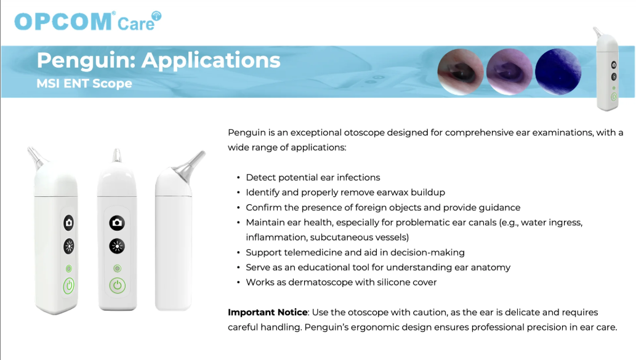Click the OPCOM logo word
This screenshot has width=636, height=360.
pos(63,21)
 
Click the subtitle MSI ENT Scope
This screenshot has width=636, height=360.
pos(84,84)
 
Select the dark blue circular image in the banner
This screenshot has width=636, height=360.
pos(558,72)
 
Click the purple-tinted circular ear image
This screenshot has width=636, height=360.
pos(509,72)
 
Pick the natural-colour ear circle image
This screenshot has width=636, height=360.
pos(461,72)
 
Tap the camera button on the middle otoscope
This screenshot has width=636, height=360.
pos(117,223)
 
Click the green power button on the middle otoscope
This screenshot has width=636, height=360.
pos(117,286)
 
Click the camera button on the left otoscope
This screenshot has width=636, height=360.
pos(69,223)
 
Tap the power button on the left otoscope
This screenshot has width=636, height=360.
pos(68,286)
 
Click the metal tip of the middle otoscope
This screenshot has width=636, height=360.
pos(117,156)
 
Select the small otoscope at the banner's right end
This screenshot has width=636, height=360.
pos(607,69)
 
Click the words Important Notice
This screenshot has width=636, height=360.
pos(268,312)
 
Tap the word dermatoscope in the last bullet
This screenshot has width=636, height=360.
pos(318,282)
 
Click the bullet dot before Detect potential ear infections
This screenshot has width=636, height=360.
pos(238,178)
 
